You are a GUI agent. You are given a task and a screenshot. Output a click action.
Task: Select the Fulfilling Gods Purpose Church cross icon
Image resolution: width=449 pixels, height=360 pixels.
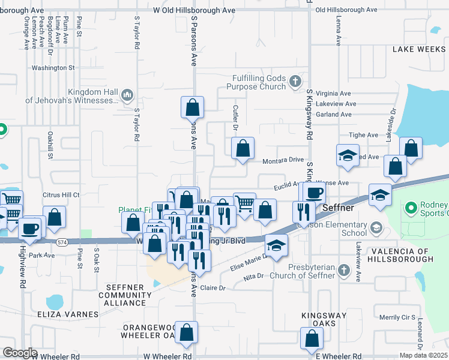tap(294, 81)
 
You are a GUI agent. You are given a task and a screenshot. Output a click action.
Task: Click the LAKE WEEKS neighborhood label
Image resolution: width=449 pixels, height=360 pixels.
tap(420, 49)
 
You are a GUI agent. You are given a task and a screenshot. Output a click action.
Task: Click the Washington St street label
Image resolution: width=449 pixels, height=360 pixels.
tap(53, 68)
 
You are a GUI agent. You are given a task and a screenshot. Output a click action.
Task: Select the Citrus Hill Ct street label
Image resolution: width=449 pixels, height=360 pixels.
tap(61, 195)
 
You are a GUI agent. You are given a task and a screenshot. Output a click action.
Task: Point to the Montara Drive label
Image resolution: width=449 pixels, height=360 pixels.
tap(283, 161)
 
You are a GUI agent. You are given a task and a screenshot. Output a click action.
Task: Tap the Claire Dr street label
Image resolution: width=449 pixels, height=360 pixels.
tap(212, 288)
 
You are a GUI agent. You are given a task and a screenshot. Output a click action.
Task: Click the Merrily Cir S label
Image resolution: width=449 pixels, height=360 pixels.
tap(397, 317)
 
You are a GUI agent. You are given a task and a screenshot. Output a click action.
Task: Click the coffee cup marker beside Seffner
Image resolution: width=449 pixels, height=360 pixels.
tap(313, 193)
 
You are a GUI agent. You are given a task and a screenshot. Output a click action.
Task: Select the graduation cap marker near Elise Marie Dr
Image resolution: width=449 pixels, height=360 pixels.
tap(276, 245)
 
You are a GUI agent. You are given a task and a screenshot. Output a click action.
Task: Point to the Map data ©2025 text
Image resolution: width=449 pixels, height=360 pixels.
tap(424, 355)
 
